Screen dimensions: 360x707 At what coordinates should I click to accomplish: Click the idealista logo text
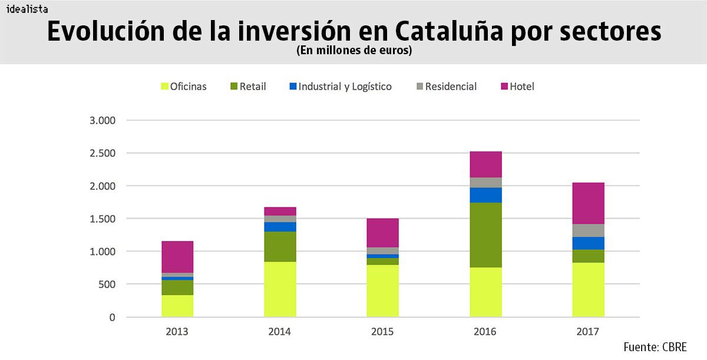tap(27, 9)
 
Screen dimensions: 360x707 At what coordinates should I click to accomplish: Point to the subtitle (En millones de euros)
tap(353, 51)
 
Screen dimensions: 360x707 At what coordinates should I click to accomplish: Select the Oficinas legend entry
tap(183, 87)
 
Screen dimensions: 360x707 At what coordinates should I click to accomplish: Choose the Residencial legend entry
tap(446, 87)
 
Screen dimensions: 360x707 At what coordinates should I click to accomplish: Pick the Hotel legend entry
tap(517, 87)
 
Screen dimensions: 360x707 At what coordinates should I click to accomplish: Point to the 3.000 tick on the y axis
tap(104, 121)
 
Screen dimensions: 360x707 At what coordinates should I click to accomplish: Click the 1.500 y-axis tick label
tap(104, 219)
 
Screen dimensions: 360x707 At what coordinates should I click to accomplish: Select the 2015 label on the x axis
tap(382, 332)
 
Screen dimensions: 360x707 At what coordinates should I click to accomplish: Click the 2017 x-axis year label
tap(587, 332)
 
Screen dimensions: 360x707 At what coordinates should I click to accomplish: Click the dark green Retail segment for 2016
tap(485, 235)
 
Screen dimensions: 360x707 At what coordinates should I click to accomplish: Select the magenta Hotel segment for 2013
tap(177, 256)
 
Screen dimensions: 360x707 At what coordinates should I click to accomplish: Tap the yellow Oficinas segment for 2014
tap(280, 289)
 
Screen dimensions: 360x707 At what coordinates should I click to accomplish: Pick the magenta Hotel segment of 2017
tap(588, 203)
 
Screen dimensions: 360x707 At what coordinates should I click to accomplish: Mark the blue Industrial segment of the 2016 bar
tap(485, 195)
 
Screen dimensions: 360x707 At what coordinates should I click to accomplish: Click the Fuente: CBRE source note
tap(655, 346)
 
